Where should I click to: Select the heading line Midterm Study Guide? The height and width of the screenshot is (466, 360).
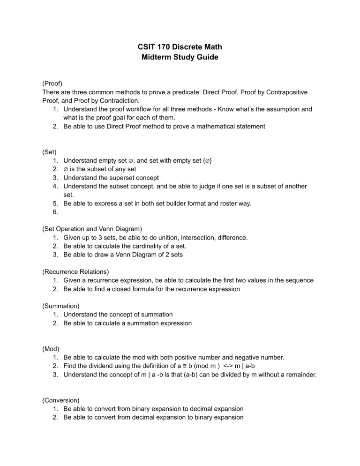[x=180, y=58]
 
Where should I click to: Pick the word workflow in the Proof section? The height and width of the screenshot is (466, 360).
[x=139, y=109]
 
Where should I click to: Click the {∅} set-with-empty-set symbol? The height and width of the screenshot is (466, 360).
[x=208, y=161]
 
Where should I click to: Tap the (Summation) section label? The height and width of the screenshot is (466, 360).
[x=60, y=306]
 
